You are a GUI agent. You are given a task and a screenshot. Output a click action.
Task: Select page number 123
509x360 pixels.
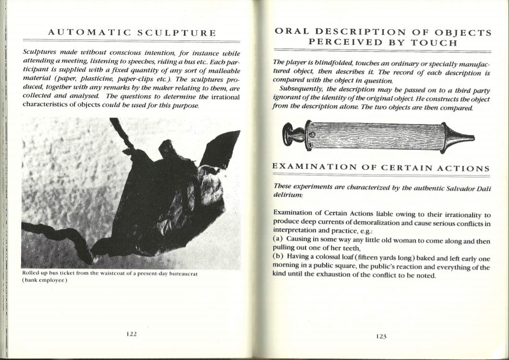(381, 336)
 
